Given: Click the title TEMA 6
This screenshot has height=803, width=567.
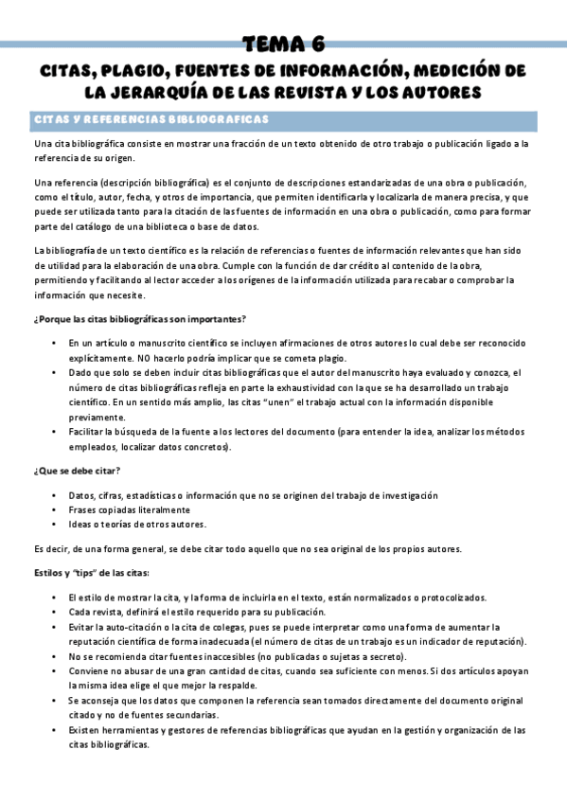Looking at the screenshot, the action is pyautogui.click(x=283, y=44).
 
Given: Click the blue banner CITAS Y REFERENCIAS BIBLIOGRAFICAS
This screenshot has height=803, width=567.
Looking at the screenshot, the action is pyautogui.click(x=151, y=120).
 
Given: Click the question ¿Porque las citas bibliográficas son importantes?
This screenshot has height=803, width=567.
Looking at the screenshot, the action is pyautogui.click(x=139, y=318).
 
